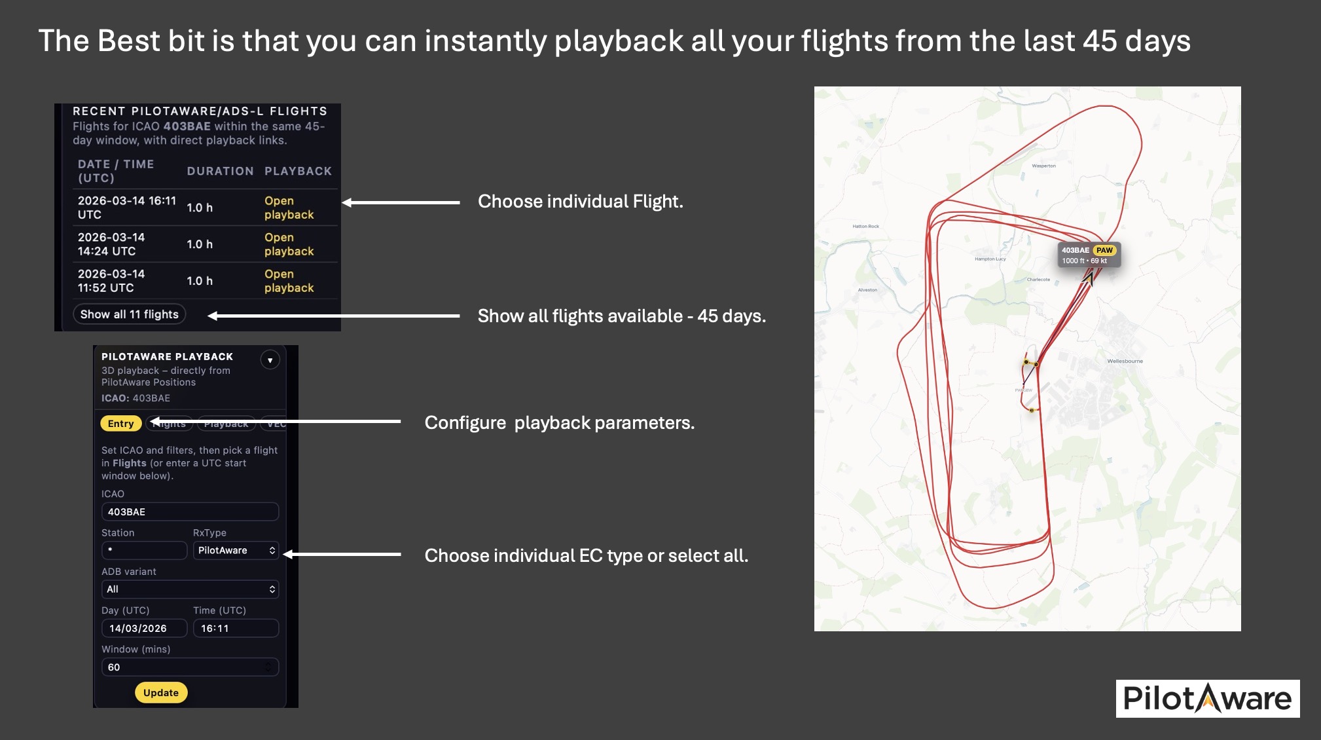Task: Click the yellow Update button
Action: pyautogui.click(x=161, y=692)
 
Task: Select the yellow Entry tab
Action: pyautogui.click(x=120, y=424)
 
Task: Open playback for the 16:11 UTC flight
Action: pyautogui.click(x=289, y=208)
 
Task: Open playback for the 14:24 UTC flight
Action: pyautogui.click(x=289, y=244)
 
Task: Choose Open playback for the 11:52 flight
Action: pyautogui.click(x=289, y=281)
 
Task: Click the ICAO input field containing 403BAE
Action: pyautogui.click(x=190, y=511)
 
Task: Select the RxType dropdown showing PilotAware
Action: pyautogui.click(x=236, y=550)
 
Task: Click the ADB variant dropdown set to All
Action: pyautogui.click(x=190, y=589)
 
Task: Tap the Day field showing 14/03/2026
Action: pyautogui.click(x=144, y=628)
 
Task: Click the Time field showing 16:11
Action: pyautogui.click(x=236, y=628)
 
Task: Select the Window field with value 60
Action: pyautogui.click(x=190, y=667)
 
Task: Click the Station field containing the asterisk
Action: pyautogui.click(x=144, y=550)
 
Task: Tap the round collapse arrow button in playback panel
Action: pyautogui.click(x=270, y=360)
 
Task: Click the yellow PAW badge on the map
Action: pyautogui.click(x=1104, y=250)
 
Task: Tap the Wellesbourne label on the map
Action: pyautogui.click(x=1125, y=361)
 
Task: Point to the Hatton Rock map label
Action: pyautogui.click(x=865, y=227)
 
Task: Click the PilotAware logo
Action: pyautogui.click(x=1207, y=699)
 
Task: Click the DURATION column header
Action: pyautogui.click(x=220, y=171)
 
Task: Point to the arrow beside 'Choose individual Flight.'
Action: pyautogui.click(x=401, y=202)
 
